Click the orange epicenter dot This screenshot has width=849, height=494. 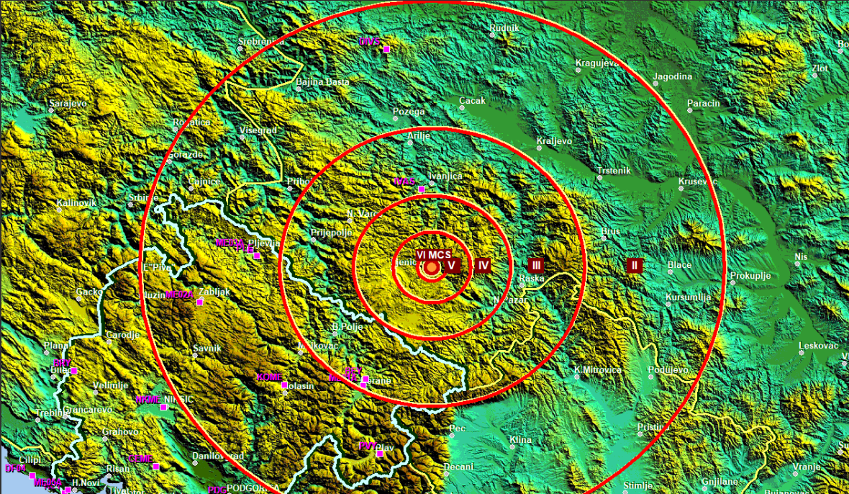click(431, 268)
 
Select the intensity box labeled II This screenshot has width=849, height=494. click(634, 265)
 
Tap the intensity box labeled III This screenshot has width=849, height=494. click(535, 265)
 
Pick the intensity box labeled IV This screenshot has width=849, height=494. click(483, 266)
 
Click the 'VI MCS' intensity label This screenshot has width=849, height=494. click(434, 255)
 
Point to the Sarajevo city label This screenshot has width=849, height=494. click(68, 104)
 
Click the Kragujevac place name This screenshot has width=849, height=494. click(597, 63)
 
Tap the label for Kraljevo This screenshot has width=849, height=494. click(554, 141)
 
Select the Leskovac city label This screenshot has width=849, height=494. click(819, 346)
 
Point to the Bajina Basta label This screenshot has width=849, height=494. click(323, 82)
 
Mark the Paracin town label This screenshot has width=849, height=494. click(703, 104)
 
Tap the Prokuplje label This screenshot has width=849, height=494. click(750, 276)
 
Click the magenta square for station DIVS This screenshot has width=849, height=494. click(386, 49)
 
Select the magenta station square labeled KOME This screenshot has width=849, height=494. click(285, 385)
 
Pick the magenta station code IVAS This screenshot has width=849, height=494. click(404, 181)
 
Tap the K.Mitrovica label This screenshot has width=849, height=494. click(597, 370)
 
